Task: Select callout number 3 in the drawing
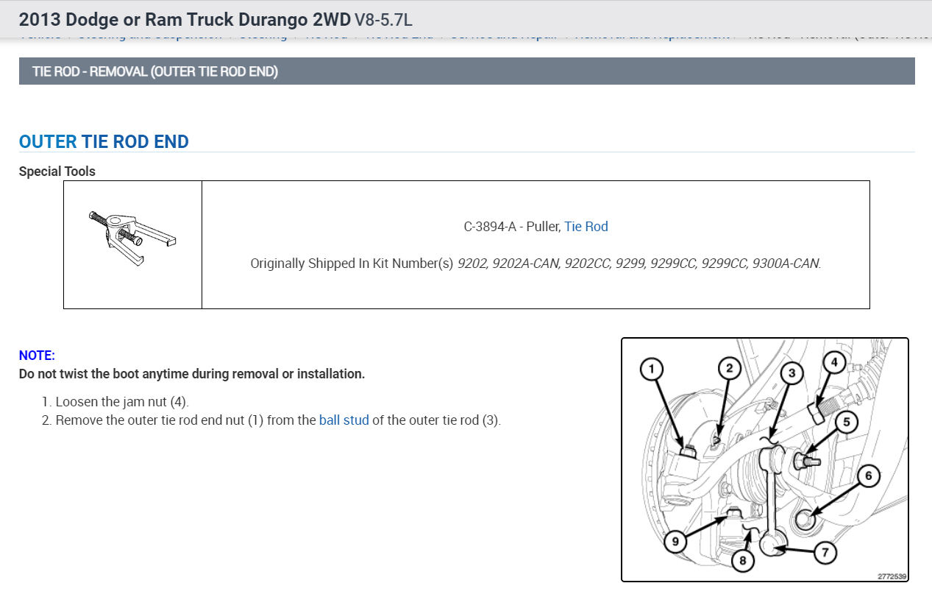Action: click(792, 373)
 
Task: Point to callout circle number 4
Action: click(833, 362)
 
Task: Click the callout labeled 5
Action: click(847, 423)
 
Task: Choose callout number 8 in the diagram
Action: click(742, 561)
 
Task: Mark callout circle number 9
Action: click(675, 542)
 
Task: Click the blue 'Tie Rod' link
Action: click(586, 227)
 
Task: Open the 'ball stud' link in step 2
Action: click(344, 421)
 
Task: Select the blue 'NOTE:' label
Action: click(37, 355)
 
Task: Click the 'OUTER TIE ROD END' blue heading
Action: click(104, 141)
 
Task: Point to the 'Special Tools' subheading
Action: click(57, 172)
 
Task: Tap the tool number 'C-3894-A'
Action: click(491, 227)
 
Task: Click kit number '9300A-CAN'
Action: click(786, 263)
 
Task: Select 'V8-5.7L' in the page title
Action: click(383, 19)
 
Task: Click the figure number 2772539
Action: click(892, 576)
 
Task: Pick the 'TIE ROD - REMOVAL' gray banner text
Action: click(155, 71)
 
